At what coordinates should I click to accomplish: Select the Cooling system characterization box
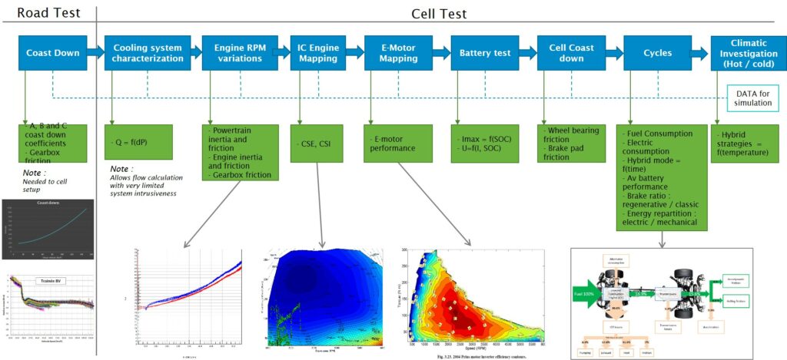(144, 53)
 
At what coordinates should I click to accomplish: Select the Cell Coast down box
(568, 53)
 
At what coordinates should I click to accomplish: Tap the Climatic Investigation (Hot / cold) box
(745, 53)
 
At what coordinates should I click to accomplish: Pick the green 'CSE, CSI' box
(315, 142)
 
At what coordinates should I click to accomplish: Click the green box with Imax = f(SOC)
(483, 141)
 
